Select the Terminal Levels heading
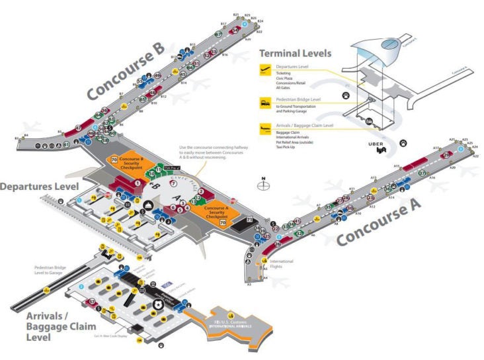[x=295, y=53]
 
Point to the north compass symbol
[x=264, y=185]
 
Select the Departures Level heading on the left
[x=40, y=187]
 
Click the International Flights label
[x=280, y=263]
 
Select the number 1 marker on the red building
[x=138, y=183]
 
